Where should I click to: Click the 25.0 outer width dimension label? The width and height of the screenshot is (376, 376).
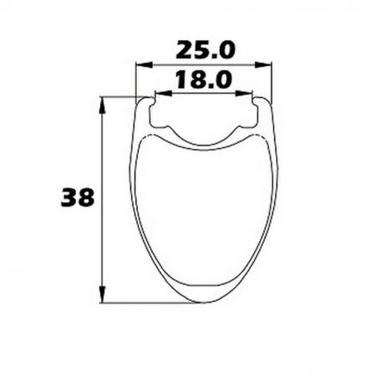[205, 49]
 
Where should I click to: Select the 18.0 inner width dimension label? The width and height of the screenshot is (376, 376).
[202, 80]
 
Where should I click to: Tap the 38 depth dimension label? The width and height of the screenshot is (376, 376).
[77, 198]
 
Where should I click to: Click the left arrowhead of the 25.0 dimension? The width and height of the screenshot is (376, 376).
[140, 64]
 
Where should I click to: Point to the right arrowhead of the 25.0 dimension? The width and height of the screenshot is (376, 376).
[269, 64]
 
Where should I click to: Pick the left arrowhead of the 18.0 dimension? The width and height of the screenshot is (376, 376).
[159, 94]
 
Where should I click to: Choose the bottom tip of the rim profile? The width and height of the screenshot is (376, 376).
[205, 302]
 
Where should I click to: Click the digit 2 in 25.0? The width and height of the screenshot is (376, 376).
[184, 49]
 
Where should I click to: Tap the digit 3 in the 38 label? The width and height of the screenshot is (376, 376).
[69, 198]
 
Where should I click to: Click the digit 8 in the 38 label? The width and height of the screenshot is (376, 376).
[86, 198]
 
